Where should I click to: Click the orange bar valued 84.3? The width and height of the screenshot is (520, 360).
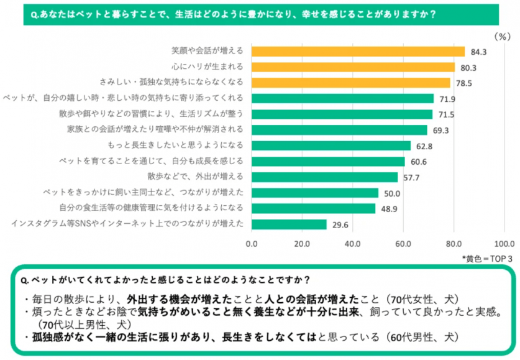coord(358,51)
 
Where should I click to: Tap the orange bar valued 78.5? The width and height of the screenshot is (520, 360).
coord(350,82)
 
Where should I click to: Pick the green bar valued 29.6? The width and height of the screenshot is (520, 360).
coord(289,224)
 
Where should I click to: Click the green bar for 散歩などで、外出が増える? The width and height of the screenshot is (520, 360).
coord(324,177)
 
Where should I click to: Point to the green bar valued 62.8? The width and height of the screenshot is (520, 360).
coord(331,145)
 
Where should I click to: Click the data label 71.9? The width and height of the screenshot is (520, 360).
coord(447,98)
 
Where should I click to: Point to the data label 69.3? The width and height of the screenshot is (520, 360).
coord(440,130)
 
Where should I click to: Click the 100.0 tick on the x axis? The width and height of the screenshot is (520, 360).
coord(504,243)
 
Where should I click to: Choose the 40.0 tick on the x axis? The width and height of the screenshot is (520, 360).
coord(353,243)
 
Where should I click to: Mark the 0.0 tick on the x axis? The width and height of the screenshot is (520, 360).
coord(252,243)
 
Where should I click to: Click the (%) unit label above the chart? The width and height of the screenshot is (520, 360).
coord(501,36)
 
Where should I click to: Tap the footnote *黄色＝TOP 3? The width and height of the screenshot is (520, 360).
coord(487,257)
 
